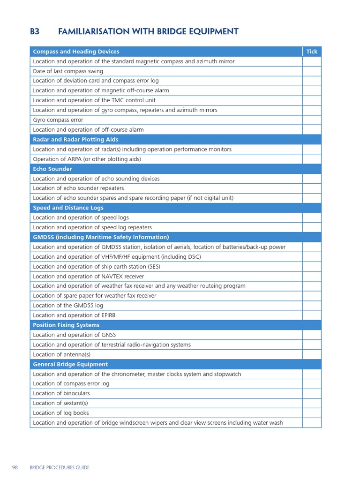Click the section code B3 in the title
point(35,32)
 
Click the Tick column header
point(312,52)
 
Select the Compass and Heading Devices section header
point(76,52)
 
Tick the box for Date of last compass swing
point(312,71)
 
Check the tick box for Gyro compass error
point(312,120)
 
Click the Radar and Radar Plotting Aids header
point(75,140)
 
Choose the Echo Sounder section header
point(52,169)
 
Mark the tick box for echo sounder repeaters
point(312,188)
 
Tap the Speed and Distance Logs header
point(68,208)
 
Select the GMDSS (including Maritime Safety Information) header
point(101,237)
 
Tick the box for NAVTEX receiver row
point(312,277)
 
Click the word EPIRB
point(107,315)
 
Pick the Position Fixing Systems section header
point(66,325)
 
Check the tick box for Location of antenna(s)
point(312,354)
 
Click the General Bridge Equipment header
point(70,364)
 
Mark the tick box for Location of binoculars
point(312,394)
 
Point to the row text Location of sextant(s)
point(60,403)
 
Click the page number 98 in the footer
point(15,467)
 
